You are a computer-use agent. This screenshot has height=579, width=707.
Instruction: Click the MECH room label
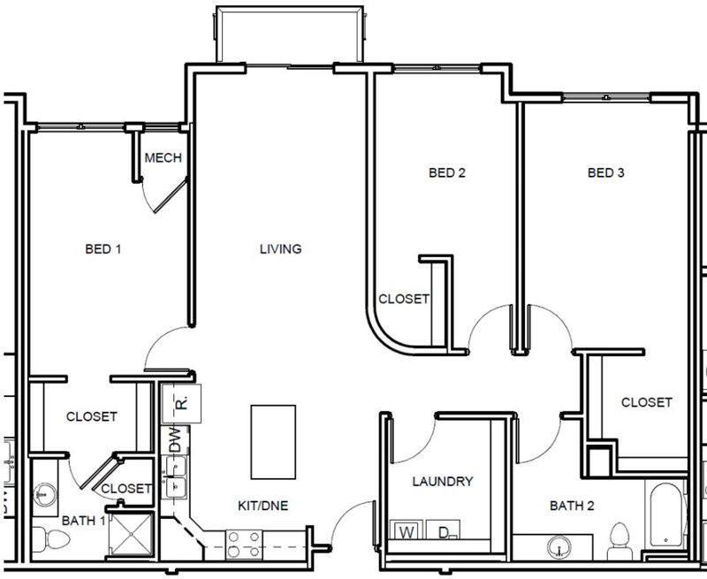[163, 158]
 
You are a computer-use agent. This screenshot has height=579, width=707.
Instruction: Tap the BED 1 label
[103, 249]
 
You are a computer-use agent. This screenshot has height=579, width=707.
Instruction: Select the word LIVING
[280, 249]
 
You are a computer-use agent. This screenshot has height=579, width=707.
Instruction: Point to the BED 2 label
[446, 173]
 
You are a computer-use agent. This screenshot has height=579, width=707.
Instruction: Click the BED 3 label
[606, 173]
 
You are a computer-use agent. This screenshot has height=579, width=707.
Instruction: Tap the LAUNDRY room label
[443, 482]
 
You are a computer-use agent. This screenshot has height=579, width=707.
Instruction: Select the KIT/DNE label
[263, 506]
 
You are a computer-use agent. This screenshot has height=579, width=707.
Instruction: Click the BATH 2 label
[573, 506]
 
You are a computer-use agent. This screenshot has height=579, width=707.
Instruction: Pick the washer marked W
[407, 532]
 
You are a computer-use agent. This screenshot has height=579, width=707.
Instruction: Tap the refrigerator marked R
[181, 402]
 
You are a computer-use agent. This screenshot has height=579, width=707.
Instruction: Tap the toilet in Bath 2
[620, 537]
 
